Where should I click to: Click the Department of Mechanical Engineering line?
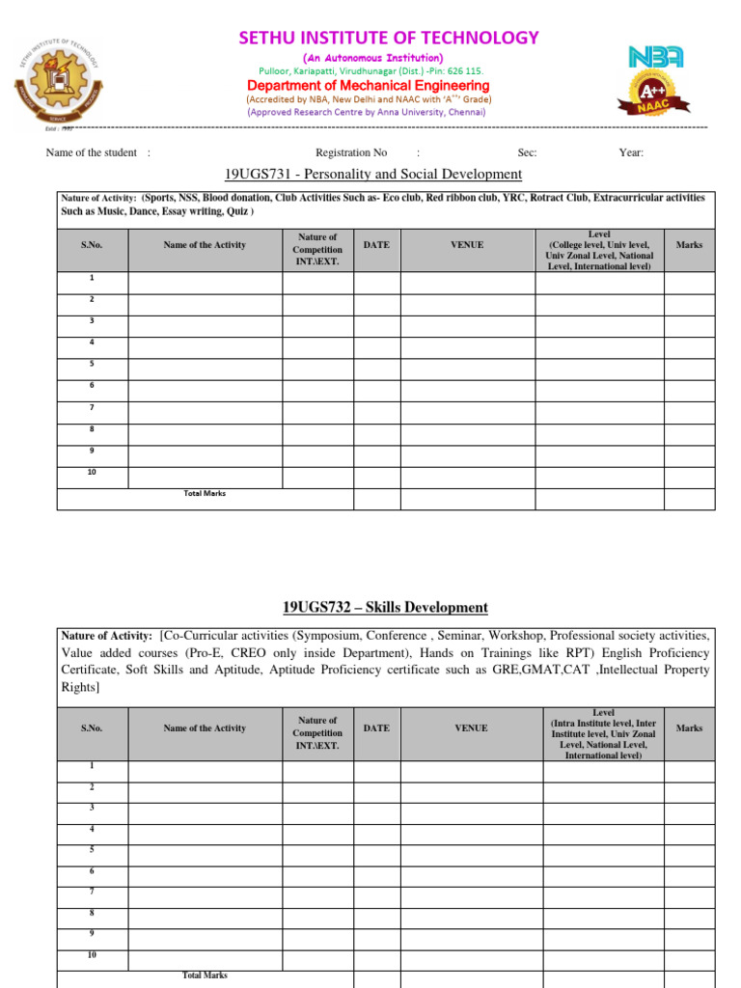click(369, 85)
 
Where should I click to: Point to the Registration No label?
click(351, 152)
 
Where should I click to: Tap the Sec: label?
click(528, 152)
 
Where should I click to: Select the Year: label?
click(631, 152)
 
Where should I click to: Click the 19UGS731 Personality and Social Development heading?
click(373, 174)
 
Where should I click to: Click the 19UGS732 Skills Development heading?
click(385, 607)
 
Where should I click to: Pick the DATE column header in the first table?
click(376, 245)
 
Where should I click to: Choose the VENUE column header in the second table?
click(471, 728)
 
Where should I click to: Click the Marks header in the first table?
click(689, 245)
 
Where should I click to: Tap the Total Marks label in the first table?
click(205, 493)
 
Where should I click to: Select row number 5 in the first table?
click(92, 364)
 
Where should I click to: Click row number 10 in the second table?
click(93, 954)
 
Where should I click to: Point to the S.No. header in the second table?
click(93, 728)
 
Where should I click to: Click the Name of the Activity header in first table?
click(205, 245)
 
